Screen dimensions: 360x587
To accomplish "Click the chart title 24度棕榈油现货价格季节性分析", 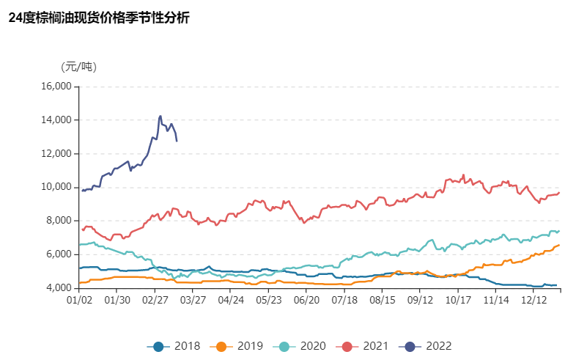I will pyautogui.click(x=99, y=18).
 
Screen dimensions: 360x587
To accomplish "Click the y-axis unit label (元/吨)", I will pyautogui.click(x=78, y=67).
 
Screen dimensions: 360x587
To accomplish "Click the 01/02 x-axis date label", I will pyautogui.click(x=78, y=300).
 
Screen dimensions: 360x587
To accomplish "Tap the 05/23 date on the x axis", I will pyautogui.click(x=268, y=300).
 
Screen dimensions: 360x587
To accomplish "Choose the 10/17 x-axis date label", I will pyautogui.click(x=458, y=300).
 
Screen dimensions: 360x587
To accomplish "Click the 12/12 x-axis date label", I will pyautogui.click(x=534, y=300).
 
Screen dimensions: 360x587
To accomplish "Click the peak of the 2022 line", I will pyautogui.click(x=160, y=116).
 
